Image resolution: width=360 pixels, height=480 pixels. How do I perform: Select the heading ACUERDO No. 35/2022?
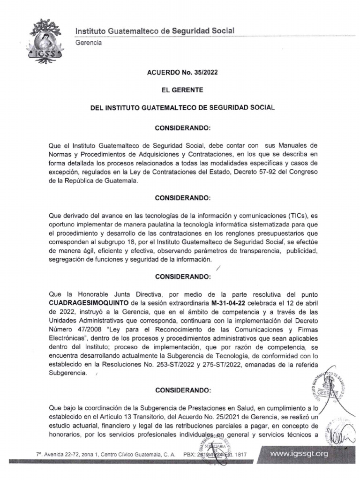point(182,73)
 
